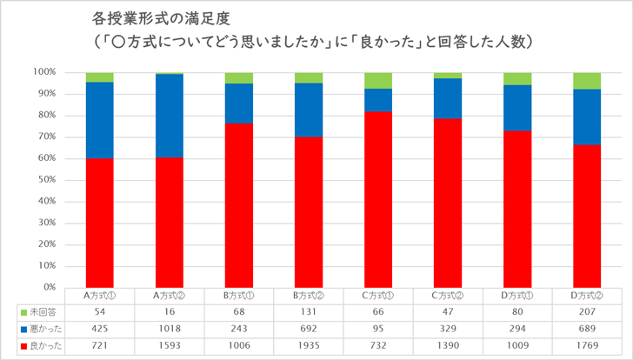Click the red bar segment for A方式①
(x=100, y=222)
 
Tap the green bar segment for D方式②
(x=587, y=81)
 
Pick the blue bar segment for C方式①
(x=378, y=100)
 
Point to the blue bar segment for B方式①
(x=239, y=103)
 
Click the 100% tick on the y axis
(x=44, y=72)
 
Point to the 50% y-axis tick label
(x=46, y=179)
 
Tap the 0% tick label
(x=49, y=287)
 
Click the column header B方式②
(x=309, y=295)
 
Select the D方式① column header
(x=517, y=295)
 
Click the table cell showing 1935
(x=309, y=348)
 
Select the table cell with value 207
(x=587, y=311)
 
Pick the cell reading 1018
(x=170, y=330)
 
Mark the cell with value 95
(x=378, y=330)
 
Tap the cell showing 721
(x=100, y=348)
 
